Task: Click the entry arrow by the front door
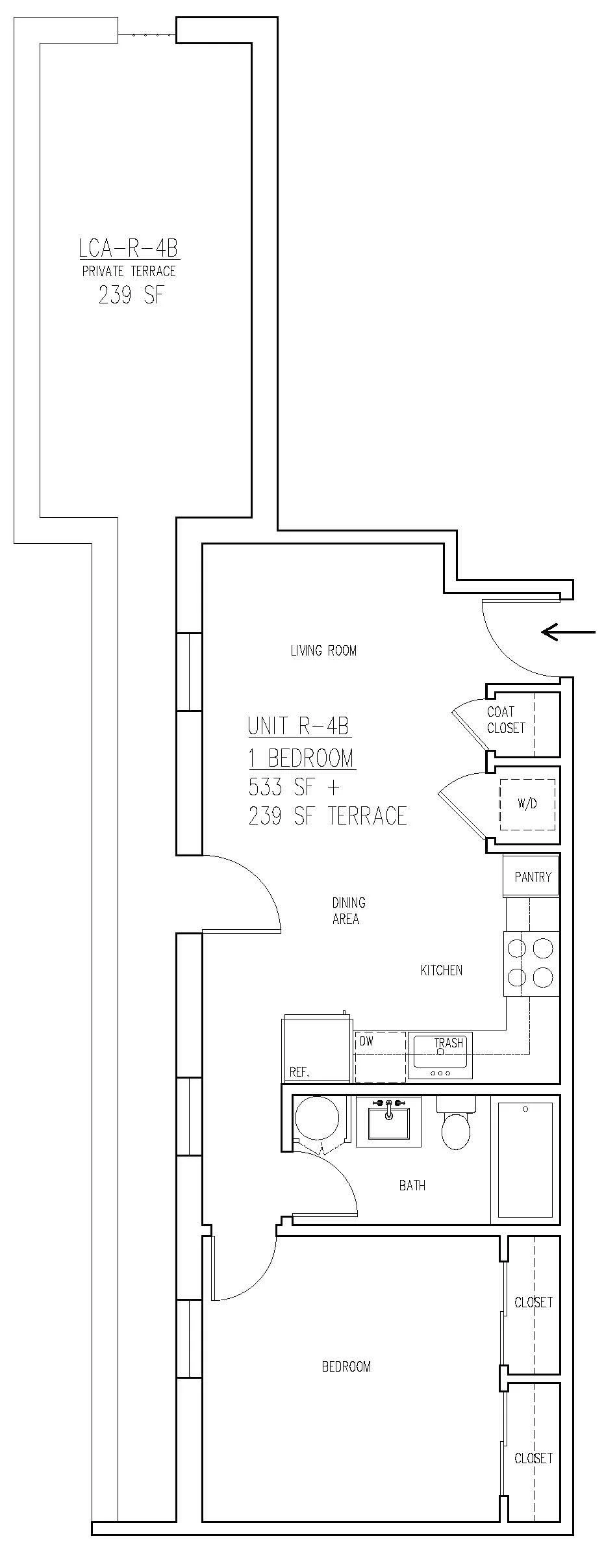(568, 632)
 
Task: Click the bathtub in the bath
(525, 1160)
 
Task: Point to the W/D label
(527, 804)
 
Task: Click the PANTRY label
(533, 877)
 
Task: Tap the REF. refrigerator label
(299, 1072)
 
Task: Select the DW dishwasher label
(366, 1041)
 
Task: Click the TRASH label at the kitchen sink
(449, 1043)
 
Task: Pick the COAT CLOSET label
(506, 720)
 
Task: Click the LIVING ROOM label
(323, 650)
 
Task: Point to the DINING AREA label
(348, 910)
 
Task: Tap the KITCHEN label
(442, 970)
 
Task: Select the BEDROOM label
(346, 1366)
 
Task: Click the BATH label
(412, 1186)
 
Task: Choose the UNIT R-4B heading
(299, 726)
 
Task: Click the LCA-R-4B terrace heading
(128, 248)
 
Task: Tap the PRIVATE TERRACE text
(129, 271)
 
